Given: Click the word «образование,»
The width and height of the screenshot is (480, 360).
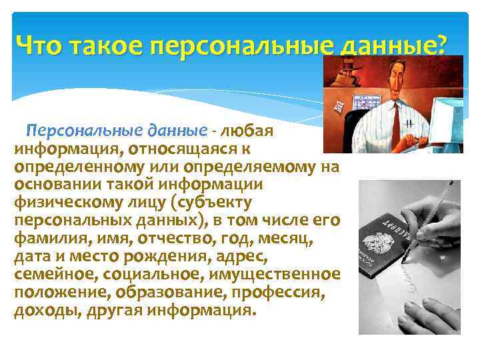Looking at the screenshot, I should pyautogui.click(x=181, y=293).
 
